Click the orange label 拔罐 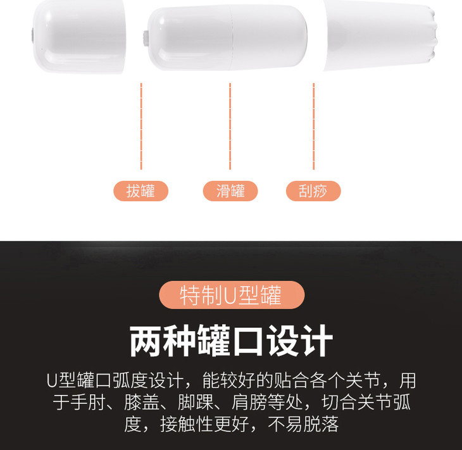pyautogui.click(x=141, y=191)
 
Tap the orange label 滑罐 pyautogui.click(x=230, y=191)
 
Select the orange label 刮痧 pyautogui.click(x=313, y=191)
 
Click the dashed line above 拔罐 pyautogui.click(x=141, y=126)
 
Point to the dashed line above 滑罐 pyautogui.click(x=230, y=126)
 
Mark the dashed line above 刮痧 pyautogui.click(x=313, y=126)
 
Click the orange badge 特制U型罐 pyautogui.click(x=232, y=295)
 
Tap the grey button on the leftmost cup pyautogui.click(x=32, y=35)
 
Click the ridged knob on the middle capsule pyautogui.click(x=146, y=39)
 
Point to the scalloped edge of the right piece pyautogui.click(x=433, y=35)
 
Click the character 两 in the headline pyautogui.click(x=146, y=341)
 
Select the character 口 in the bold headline pyautogui.click(x=248, y=341)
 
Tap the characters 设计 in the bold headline pyautogui.click(x=299, y=341)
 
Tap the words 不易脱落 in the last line pyautogui.click(x=303, y=424)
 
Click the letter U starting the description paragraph pyautogui.click(x=52, y=380)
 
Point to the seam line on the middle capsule pyautogui.click(x=232, y=38)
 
